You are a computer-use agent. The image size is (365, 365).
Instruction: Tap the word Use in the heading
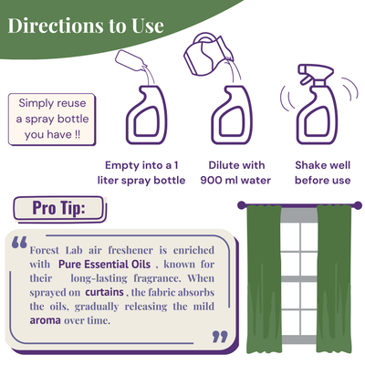pos(148,26)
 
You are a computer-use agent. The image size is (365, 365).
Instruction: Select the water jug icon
pos(207,54)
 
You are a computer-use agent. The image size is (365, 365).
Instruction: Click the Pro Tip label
pos(58,208)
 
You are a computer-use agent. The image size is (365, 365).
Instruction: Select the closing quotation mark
pos(220,337)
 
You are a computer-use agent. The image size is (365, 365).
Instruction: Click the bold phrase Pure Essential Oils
pos(104,264)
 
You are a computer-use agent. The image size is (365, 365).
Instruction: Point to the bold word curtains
pos(104,292)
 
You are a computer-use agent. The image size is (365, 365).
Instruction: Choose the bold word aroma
pos(45,320)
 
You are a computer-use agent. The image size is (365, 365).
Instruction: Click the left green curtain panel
pos(264,279)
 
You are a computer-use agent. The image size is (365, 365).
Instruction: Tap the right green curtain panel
pos(334,279)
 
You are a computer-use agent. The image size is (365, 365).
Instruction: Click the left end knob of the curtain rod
pos(241,205)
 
